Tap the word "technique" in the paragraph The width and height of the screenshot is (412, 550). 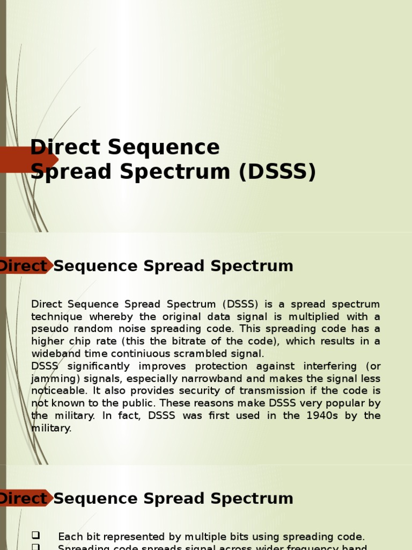tap(57, 317)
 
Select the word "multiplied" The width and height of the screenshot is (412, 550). tap(316, 317)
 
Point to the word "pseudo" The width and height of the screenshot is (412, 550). tap(48, 329)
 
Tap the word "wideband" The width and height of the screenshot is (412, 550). tap(54, 354)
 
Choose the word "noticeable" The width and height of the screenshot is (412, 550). tap(56, 391)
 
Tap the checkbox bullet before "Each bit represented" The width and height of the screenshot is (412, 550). tap(36, 535)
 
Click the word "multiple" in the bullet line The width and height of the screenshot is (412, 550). tap(207, 537)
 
